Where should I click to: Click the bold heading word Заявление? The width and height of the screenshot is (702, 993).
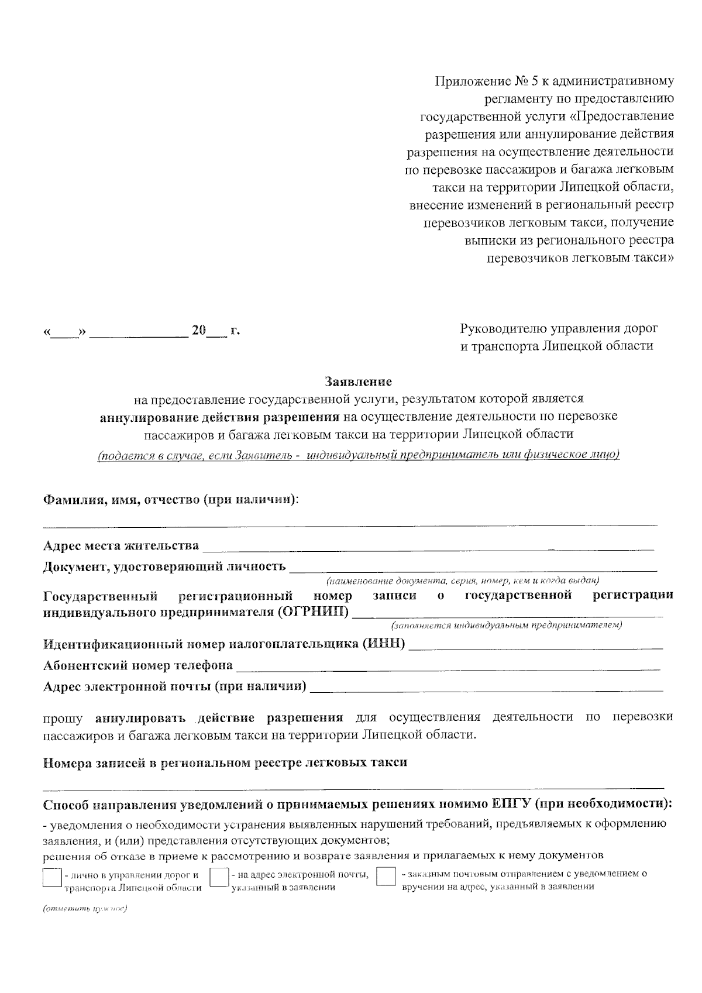point(358,382)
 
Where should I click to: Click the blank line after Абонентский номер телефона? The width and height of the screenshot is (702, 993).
point(448,666)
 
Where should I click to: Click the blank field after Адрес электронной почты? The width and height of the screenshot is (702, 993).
point(486,687)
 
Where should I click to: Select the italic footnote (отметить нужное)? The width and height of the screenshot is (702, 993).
point(85,909)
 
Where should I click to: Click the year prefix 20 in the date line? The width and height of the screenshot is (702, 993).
point(199,331)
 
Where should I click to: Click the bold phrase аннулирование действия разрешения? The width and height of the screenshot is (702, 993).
point(219,417)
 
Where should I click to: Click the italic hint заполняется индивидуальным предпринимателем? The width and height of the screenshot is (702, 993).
point(507,625)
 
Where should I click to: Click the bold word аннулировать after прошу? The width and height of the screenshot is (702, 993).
point(140,717)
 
